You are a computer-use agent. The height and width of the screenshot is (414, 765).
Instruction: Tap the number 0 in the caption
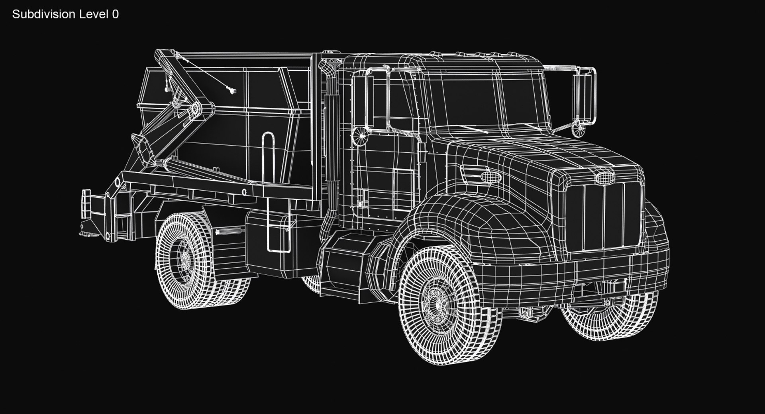(x=115, y=14)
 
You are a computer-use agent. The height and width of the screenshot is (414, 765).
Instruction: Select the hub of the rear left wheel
(x=184, y=260)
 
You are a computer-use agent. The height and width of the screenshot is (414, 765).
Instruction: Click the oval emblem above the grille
(x=604, y=178)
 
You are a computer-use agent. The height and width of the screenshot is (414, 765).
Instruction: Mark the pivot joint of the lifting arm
(x=196, y=109)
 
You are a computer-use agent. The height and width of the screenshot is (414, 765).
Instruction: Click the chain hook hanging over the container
(x=230, y=91)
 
